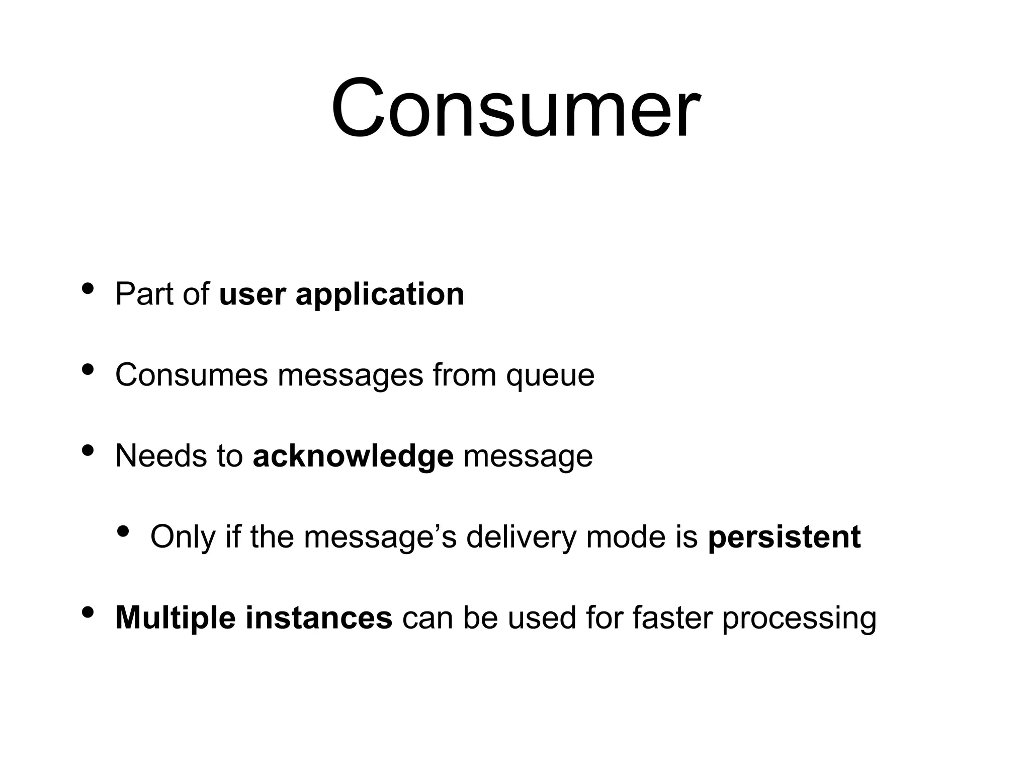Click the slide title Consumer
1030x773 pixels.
tap(514, 108)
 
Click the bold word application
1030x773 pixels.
tap(380, 294)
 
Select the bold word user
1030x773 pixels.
tap(252, 295)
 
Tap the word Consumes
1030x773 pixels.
tap(191, 375)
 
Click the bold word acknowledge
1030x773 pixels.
tap(353, 456)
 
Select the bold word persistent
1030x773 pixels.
tap(784, 537)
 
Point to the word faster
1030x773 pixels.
tap(672, 617)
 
